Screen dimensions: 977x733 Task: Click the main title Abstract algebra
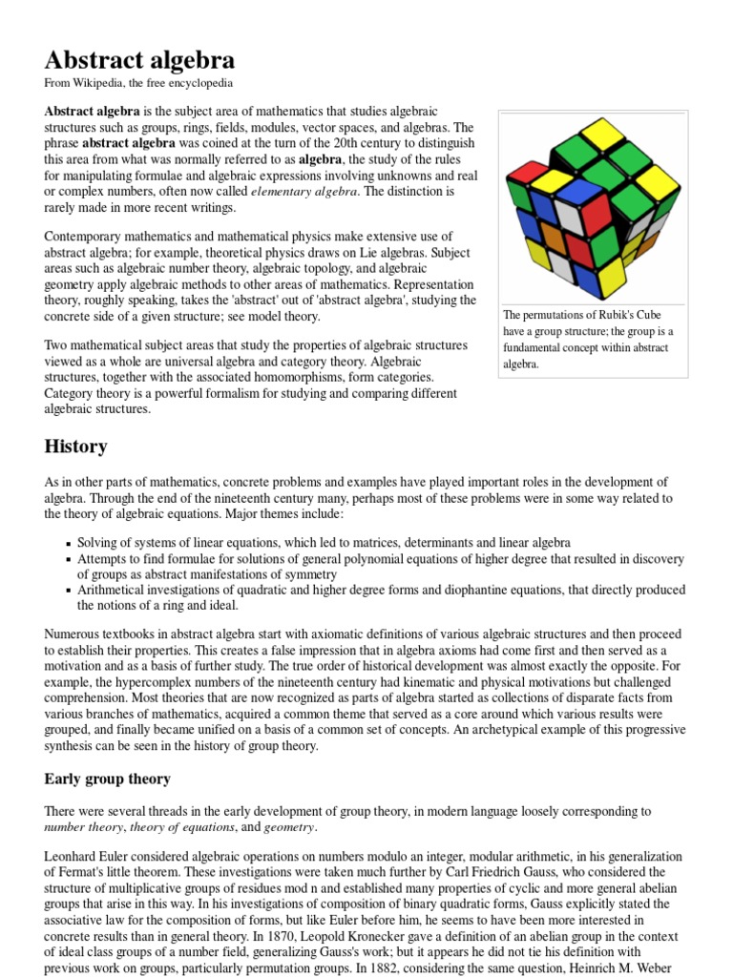(139, 60)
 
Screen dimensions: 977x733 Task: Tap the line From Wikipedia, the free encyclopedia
(138, 84)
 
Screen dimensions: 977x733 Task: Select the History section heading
(75, 446)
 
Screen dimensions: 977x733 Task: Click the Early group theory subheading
(107, 779)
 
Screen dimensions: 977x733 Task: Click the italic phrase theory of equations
(181, 827)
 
